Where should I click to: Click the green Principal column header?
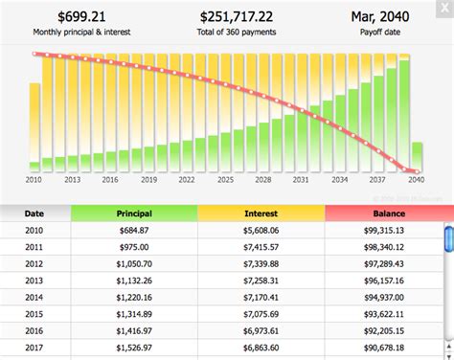pos(133,213)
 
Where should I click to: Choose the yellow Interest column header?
pos(261,213)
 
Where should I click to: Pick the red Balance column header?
pos(388,213)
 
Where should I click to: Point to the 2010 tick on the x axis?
pos(34,179)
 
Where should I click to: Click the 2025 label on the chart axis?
pos(225,179)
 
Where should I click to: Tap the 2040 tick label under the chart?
pos(417,179)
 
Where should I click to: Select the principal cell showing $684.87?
pos(133,231)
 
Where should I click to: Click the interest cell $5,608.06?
pos(261,231)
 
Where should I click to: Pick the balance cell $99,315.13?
pos(388,231)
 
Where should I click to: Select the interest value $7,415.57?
pos(261,247)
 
